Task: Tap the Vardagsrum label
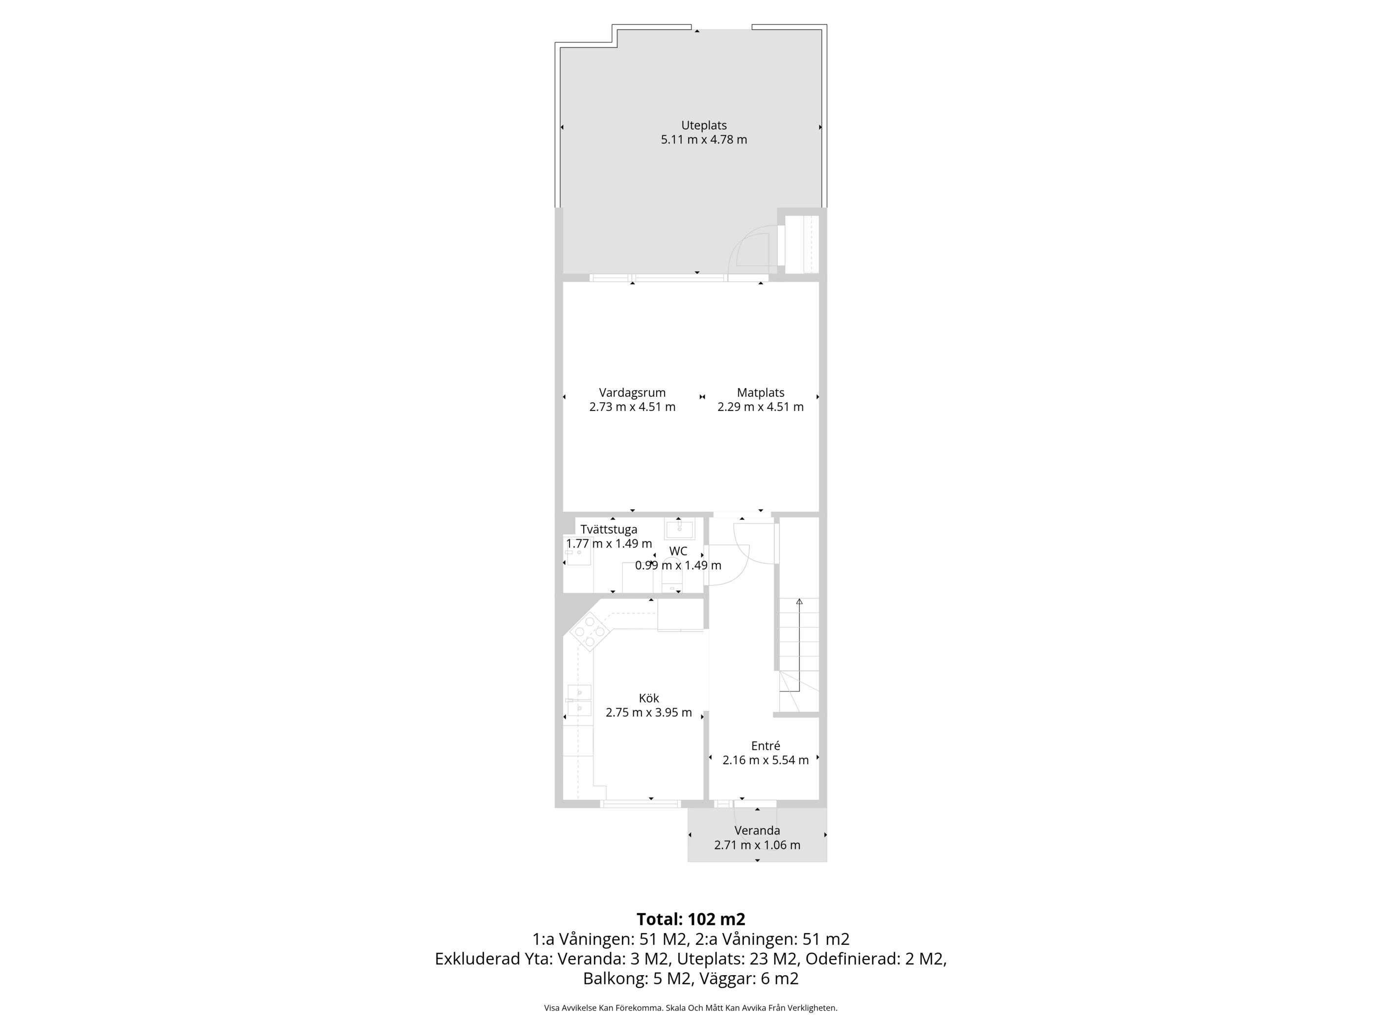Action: point(632,393)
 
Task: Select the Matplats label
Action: point(761,393)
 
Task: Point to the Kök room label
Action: point(648,698)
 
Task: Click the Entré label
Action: point(765,746)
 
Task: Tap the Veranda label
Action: point(757,831)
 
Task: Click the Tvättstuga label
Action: point(609,530)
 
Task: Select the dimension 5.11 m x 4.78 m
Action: point(704,140)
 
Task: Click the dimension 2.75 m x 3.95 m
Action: point(648,713)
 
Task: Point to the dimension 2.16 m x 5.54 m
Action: point(765,760)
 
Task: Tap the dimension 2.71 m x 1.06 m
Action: point(757,845)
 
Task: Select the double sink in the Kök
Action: point(579,700)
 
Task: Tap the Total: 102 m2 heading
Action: point(691,919)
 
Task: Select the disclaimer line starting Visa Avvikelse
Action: point(691,1007)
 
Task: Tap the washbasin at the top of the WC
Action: point(680,529)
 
